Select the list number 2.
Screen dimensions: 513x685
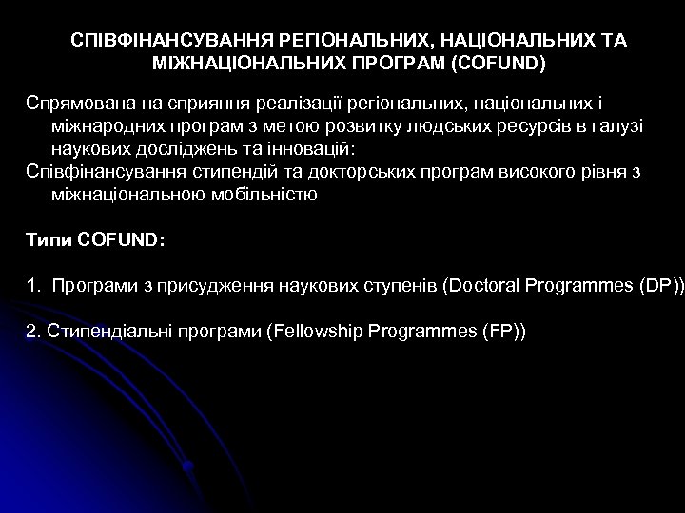point(30,332)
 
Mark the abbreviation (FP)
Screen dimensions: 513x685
point(502,332)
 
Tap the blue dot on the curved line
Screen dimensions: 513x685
point(189,466)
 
